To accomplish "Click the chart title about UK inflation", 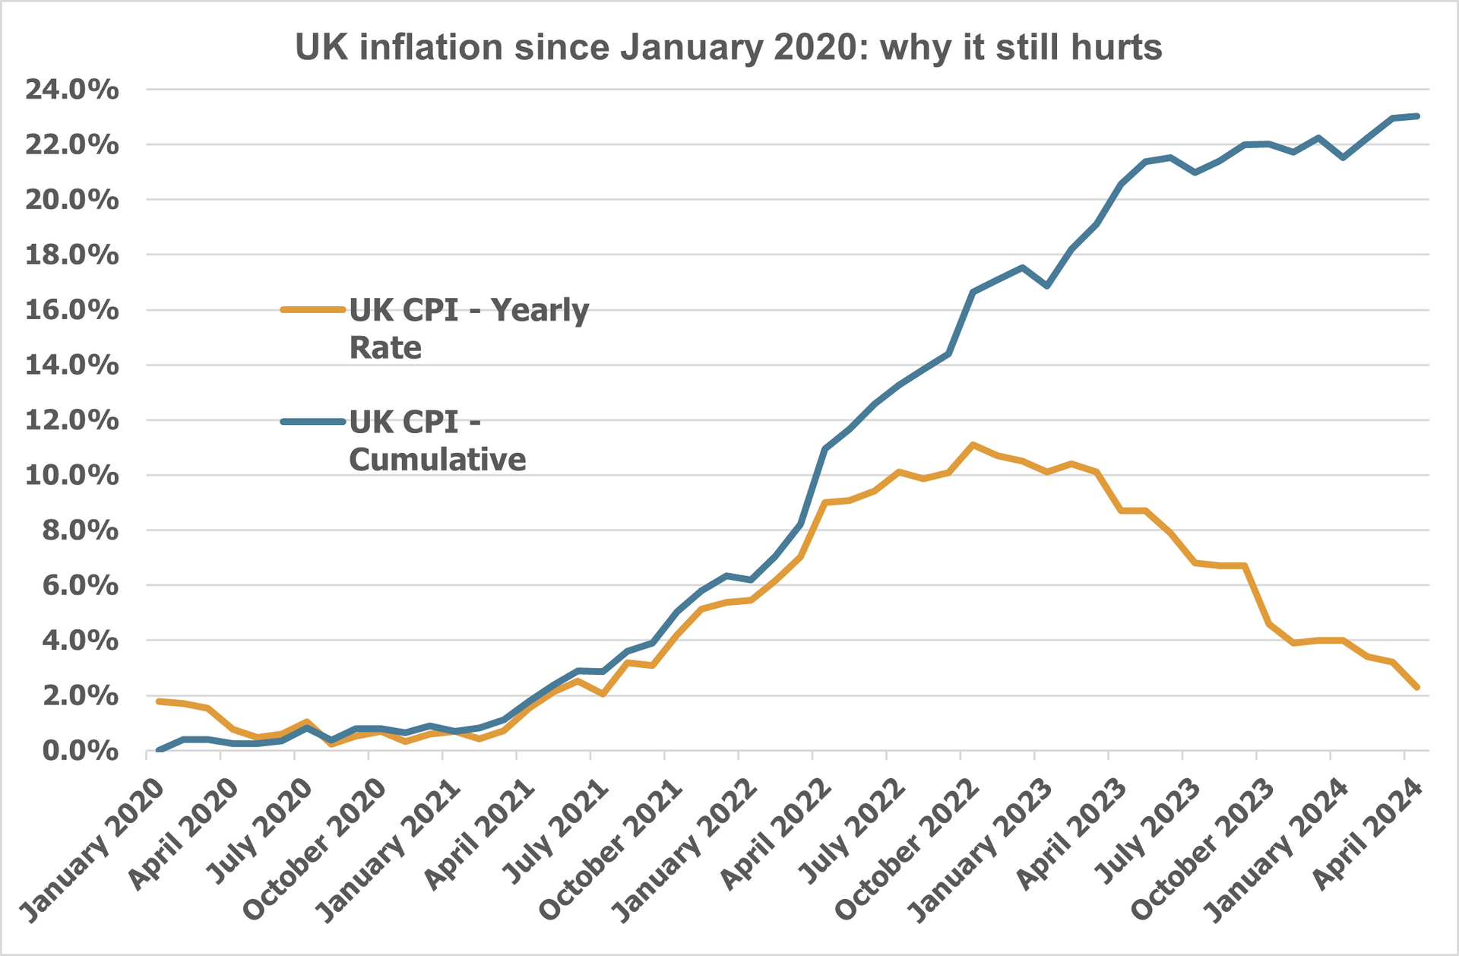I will point(728,47).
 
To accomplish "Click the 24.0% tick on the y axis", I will point(72,90).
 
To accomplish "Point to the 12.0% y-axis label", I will point(72,420).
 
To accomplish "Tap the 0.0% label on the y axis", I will point(80,751).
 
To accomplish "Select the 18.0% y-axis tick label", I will point(72,255).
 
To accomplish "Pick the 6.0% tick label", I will point(80,585).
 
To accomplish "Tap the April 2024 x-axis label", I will point(1368,833).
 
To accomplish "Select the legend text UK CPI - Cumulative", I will point(437,440).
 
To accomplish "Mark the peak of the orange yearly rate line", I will point(973,445).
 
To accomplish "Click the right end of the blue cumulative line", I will point(1417,116).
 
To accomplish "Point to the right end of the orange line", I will point(1417,687).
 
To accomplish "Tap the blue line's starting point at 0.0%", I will point(159,750).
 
